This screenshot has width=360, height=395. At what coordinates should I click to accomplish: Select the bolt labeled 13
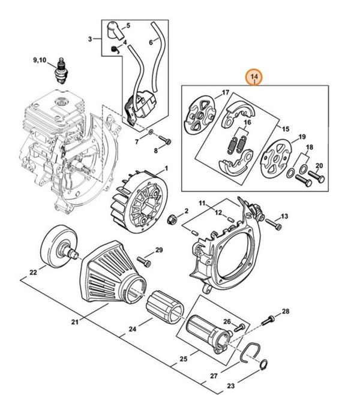pyautogui.click(x=274, y=225)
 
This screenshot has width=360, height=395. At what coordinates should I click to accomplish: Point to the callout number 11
pyautogui.click(x=203, y=204)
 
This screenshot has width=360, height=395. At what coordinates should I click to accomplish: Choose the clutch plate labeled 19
pyautogui.click(x=277, y=156)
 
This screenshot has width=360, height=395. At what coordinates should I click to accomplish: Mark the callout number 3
pyautogui.click(x=89, y=38)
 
